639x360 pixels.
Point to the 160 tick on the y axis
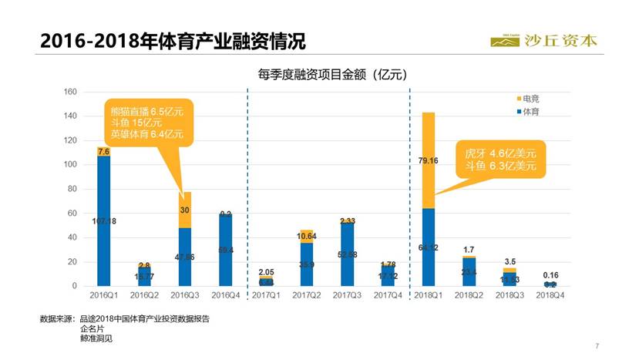[x=69, y=93]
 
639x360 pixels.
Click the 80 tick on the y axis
[x=72, y=190]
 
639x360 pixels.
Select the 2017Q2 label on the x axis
[x=307, y=295]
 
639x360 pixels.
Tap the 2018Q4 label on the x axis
[x=550, y=295]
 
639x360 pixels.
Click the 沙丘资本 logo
[x=543, y=40]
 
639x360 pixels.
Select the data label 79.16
[x=429, y=160]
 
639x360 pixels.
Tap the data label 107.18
[x=103, y=221]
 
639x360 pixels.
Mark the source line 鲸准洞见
[x=97, y=337]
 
